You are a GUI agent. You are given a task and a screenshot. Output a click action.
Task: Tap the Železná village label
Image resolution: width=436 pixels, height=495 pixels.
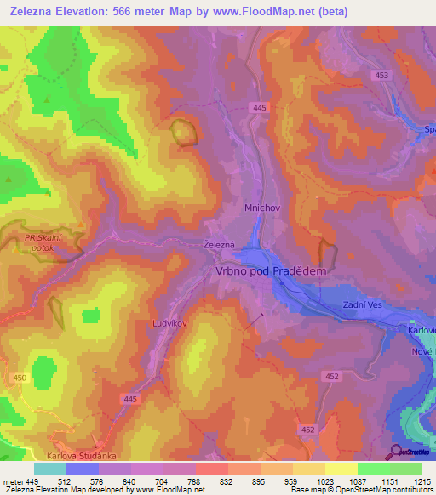point(219,244)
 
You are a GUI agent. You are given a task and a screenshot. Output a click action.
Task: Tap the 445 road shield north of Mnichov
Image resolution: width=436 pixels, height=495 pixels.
point(260,107)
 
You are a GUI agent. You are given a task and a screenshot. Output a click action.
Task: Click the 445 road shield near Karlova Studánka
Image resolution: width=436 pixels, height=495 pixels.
point(129,399)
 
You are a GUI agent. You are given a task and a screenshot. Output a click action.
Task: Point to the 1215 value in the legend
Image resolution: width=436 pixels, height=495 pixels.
point(422,481)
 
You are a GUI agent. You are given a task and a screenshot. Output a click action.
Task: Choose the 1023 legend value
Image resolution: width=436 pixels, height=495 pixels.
point(325,481)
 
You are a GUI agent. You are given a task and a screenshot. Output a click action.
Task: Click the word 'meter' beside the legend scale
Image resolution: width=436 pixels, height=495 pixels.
point(12,481)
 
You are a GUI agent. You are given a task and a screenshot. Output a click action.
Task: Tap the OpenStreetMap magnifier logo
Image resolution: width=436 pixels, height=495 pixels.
point(396,451)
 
